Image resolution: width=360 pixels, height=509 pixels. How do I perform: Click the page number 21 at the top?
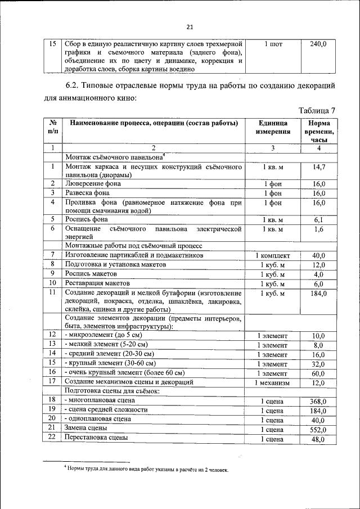(190, 26)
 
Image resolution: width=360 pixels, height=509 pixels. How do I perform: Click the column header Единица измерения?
(273, 128)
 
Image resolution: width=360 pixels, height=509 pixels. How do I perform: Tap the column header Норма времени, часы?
(319, 132)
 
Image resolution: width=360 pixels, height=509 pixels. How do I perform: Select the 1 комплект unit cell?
(273, 255)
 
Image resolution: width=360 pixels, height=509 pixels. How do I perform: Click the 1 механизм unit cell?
(273, 382)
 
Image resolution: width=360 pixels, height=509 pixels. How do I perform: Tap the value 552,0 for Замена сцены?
(318, 429)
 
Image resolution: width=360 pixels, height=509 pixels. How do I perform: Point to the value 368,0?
(318, 401)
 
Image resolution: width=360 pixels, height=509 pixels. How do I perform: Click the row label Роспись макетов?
(91, 274)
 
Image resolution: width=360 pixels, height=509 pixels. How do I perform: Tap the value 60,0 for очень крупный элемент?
(318, 373)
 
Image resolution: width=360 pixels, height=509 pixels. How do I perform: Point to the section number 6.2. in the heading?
(71, 85)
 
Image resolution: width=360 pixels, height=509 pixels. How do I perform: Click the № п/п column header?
(52, 128)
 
